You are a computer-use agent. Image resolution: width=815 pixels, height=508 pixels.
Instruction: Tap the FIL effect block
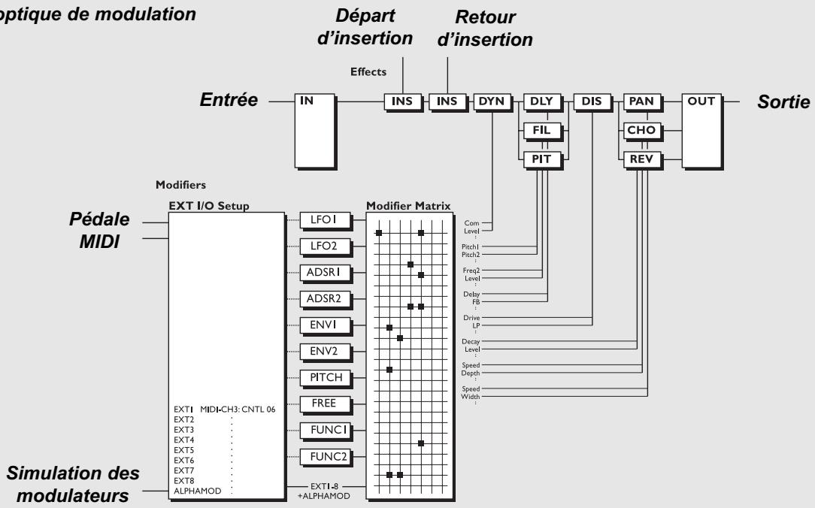(541, 129)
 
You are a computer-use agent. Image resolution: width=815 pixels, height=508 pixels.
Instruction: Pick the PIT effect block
(541, 158)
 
